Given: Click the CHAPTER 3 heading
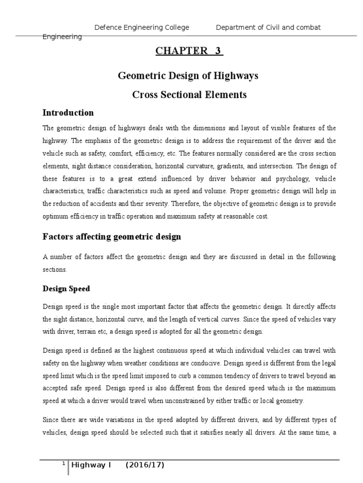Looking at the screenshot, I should pos(189,51).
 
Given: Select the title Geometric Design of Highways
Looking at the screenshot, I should pos(189,75).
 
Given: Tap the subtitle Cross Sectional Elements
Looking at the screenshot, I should pos(189,94).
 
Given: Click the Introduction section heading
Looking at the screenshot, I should pos(68,113).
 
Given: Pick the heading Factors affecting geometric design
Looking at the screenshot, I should pos(112,237).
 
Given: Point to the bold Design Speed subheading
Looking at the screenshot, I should pos(66,289).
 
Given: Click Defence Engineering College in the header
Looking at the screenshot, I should pos(142,27).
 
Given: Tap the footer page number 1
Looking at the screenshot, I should pos(63,464).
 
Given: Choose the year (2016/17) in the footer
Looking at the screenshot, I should pos(145,466).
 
